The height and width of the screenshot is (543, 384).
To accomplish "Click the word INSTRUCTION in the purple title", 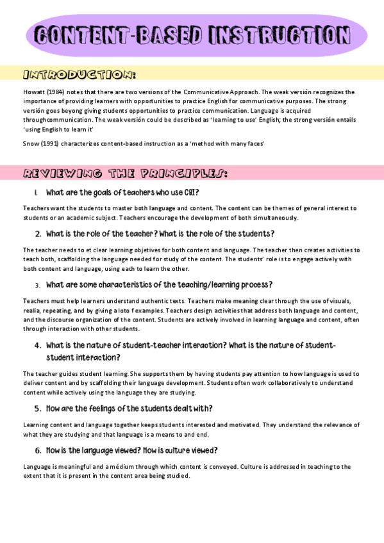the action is (278, 36).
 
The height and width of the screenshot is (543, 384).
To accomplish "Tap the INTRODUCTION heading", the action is (79, 75).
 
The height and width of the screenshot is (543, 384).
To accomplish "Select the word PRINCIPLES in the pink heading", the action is (174, 174).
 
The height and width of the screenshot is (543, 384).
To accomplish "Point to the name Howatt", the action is (33, 92).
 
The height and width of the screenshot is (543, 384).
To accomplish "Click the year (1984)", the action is (58, 92).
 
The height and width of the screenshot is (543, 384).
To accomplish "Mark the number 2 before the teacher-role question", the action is (38, 234).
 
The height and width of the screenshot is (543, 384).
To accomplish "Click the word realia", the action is (33, 309).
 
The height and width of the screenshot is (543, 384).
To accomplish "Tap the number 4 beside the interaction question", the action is (38, 346).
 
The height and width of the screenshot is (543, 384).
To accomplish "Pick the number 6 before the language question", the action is (38, 450).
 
